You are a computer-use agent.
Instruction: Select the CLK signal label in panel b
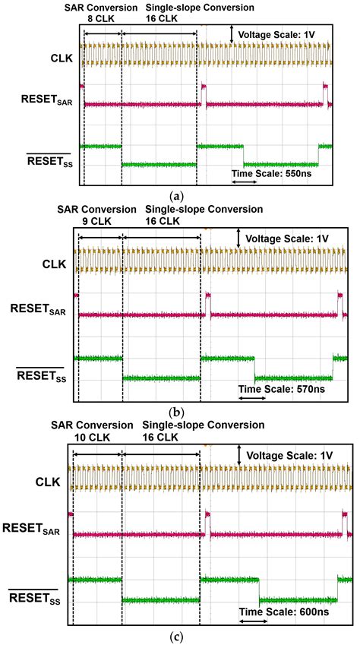52,264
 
